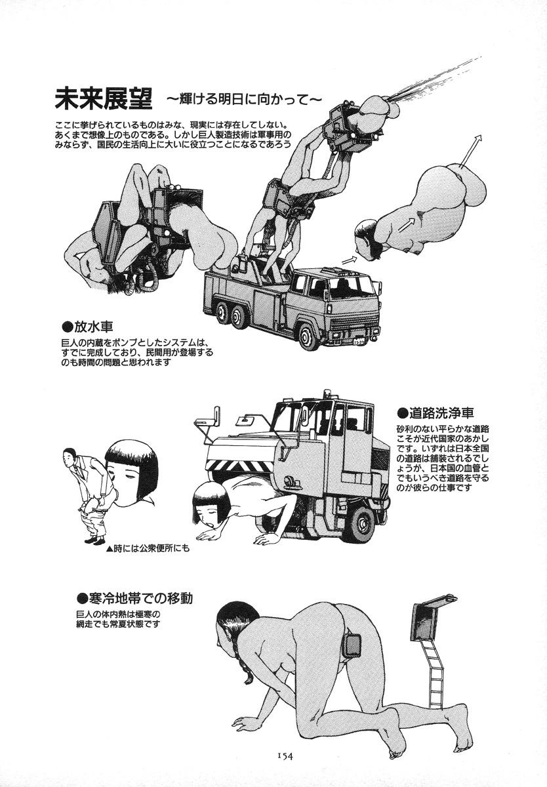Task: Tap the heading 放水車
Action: [88, 327]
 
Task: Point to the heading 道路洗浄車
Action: [436, 413]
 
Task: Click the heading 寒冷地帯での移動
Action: [135, 598]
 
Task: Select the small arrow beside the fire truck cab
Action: [349, 259]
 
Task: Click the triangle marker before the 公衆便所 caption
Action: [109, 549]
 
